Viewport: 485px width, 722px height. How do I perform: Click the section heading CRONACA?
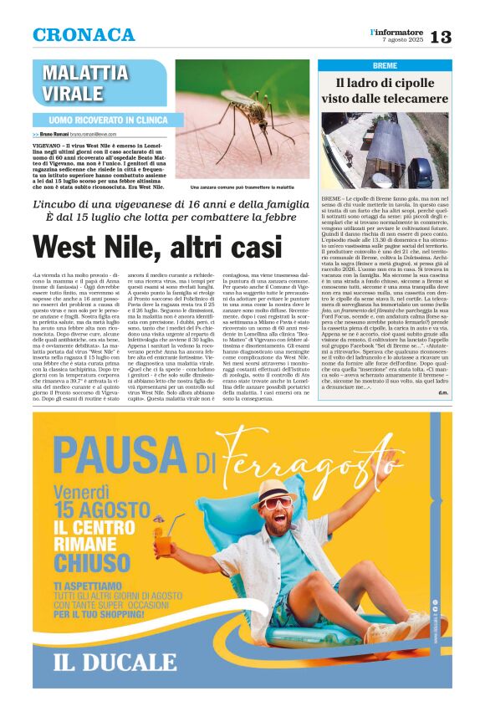pyautogui.click(x=83, y=35)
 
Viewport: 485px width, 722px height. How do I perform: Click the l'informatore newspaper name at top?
pyautogui.click(x=399, y=31)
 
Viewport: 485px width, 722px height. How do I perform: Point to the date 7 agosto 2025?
pyautogui.click(x=402, y=40)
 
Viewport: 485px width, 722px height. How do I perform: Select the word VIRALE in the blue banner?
pyautogui.click(x=72, y=93)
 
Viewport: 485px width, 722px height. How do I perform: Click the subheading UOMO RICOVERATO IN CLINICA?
pyautogui.click(x=100, y=120)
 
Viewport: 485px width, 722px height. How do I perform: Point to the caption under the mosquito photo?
pyautogui.click(x=242, y=187)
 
